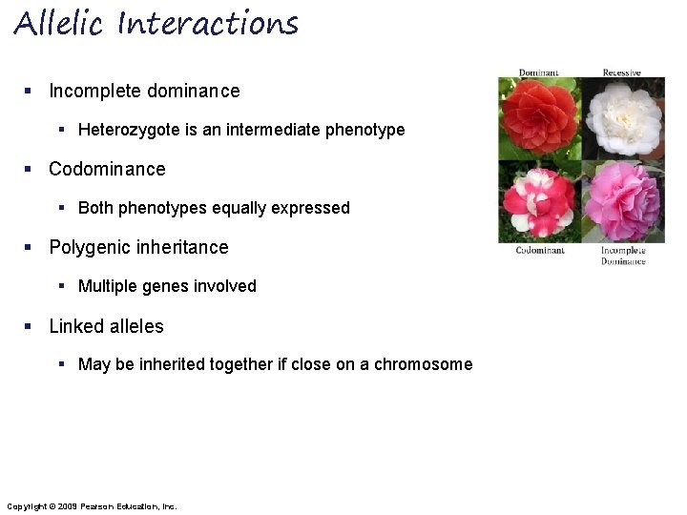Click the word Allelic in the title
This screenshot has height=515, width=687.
[58, 23]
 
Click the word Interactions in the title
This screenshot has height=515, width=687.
[208, 23]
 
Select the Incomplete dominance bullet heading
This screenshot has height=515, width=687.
[144, 91]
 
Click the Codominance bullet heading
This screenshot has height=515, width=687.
[107, 169]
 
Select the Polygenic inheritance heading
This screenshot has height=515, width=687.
[138, 247]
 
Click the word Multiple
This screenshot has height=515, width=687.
[108, 286]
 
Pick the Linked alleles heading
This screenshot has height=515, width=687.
[106, 326]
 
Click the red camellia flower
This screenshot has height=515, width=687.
[539, 118]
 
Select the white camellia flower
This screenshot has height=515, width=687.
[623, 118]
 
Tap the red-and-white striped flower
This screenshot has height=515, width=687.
[539, 201]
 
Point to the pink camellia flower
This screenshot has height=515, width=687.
[623, 201]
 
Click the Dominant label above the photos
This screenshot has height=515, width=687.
[538, 72]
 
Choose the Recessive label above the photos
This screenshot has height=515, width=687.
[621, 72]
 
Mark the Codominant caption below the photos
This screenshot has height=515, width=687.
[540, 251]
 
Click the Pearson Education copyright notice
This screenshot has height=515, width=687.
[92, 505]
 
